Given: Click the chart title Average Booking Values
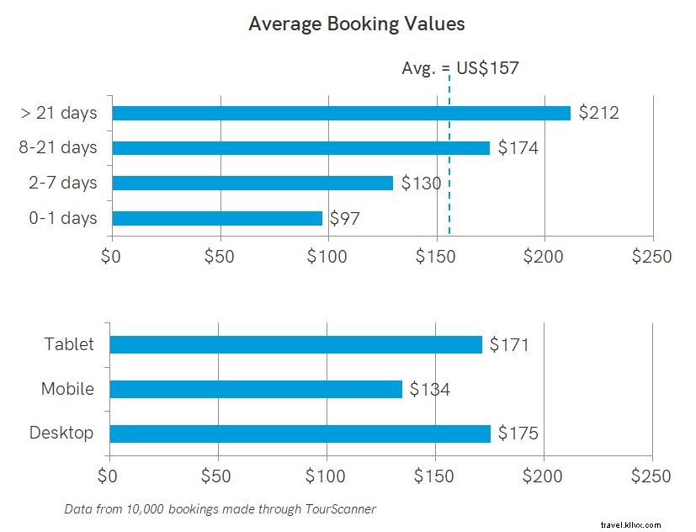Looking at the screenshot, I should click(x=356, y=24).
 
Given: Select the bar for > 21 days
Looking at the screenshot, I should click(x=341, y=113).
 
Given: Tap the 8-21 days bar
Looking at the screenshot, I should click(x=300, y=148).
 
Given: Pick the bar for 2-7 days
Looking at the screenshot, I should click(x=252, y=183).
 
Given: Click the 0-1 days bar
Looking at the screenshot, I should click(x=217, y=218).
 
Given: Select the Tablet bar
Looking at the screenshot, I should click(x=295, y=344).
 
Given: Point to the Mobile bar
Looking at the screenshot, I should click(x=256, y=389).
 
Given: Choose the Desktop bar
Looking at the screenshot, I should click(x=300, y=434).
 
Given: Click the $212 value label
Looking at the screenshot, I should click(x=598, y=113).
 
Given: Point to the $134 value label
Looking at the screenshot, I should click(x=429, y=389).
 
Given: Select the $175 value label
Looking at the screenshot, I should click(x=518, y=434).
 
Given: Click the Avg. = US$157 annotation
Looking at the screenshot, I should click(x=460, y=68).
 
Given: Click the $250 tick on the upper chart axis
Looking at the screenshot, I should click(x=652, y=256).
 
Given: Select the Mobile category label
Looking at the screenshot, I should click(x=67, y=389).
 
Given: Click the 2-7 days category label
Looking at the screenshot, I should click(x=63, y=183).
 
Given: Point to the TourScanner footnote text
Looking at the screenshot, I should click(x=220, y=508).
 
